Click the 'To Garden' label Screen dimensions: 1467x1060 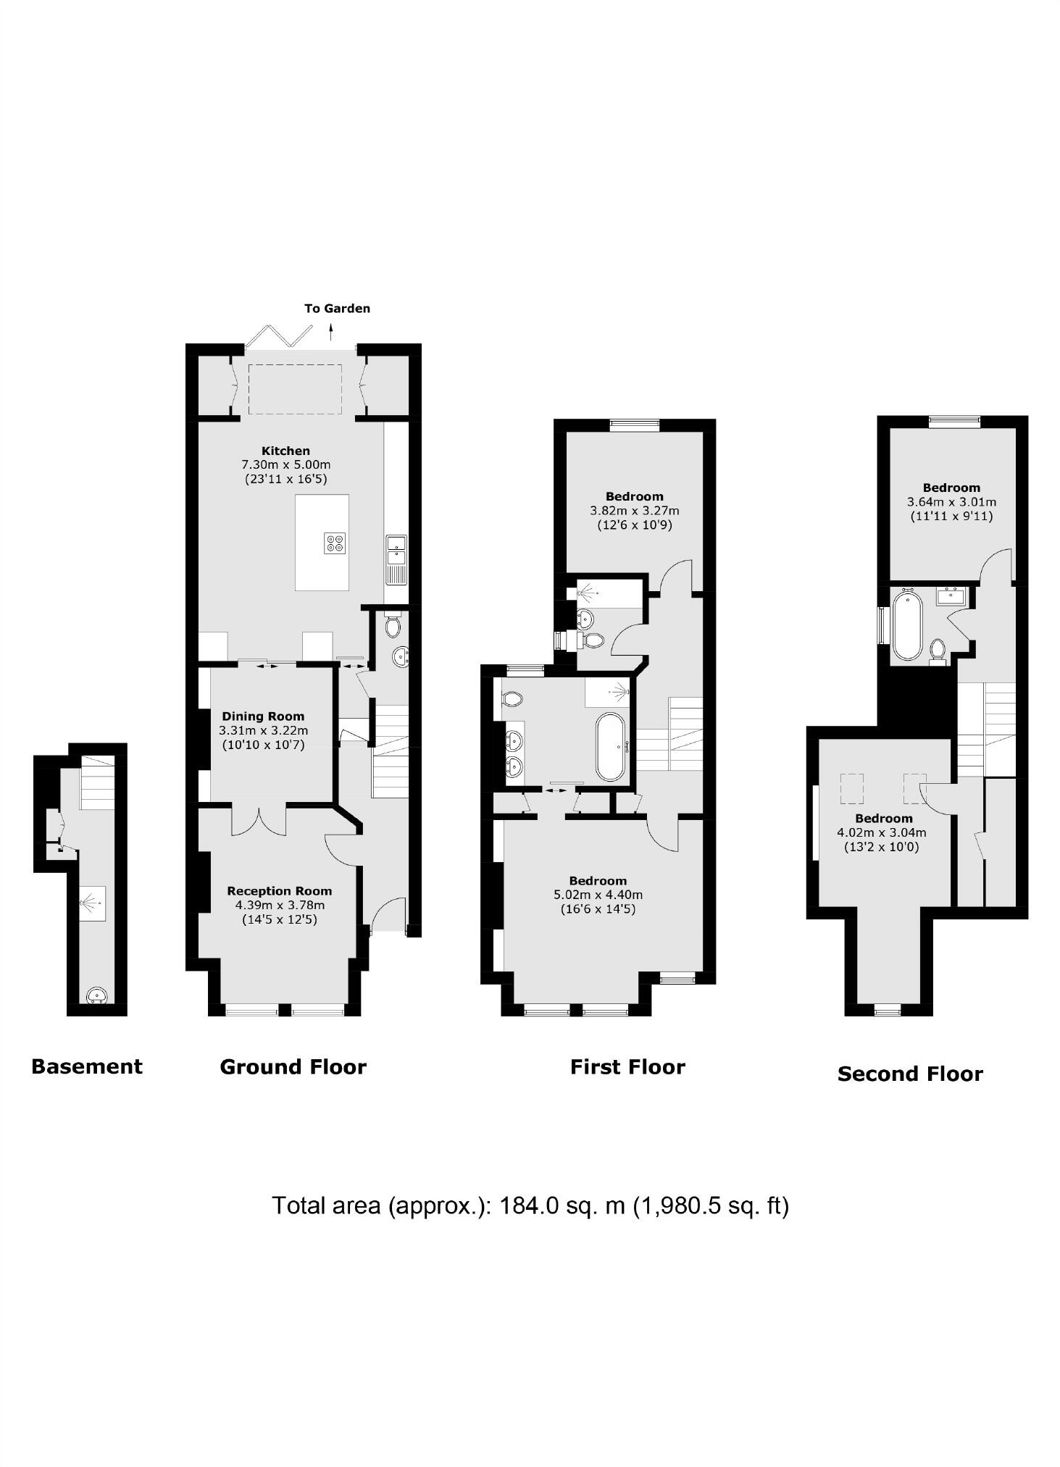[337, 309]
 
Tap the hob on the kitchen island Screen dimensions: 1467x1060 [335, 543]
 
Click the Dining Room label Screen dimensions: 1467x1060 [263, 716]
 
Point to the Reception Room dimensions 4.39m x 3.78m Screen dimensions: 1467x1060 [280, 905]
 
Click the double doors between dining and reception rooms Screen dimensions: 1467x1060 [259, 819]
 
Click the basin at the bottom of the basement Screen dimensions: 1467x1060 [97, 997]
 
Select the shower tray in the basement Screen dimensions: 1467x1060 [92, 903]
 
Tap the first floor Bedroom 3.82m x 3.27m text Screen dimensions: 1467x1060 [635, 511]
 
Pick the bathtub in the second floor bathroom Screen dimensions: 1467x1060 [906, 626]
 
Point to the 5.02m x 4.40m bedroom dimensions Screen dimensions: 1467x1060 [598, 895]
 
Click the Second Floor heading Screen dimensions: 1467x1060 [910, 1074]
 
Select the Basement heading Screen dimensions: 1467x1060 [87, 1066]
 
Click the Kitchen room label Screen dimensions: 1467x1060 [285, 451]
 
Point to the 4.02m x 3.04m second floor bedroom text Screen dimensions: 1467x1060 [882, 832]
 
